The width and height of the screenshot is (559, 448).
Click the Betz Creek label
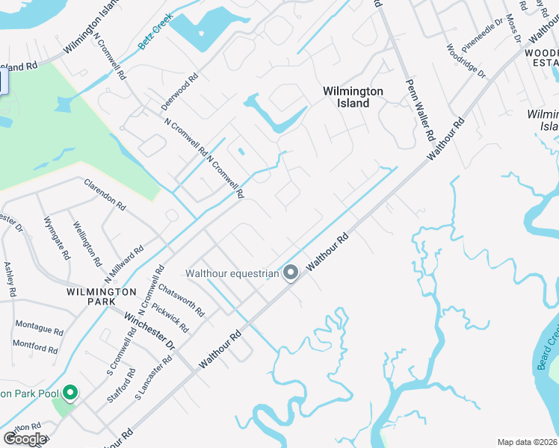155,31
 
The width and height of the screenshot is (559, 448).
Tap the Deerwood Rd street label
182,87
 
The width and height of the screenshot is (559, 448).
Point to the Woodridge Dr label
466,61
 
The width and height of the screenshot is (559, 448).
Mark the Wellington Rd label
87,243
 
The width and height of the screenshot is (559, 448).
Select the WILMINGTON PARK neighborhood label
101,296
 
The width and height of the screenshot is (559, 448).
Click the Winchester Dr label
149,331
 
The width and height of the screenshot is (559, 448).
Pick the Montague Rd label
39,329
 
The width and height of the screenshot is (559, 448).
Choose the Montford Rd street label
35,347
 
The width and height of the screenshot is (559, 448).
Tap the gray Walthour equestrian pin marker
291,274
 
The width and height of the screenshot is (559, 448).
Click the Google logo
25,439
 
